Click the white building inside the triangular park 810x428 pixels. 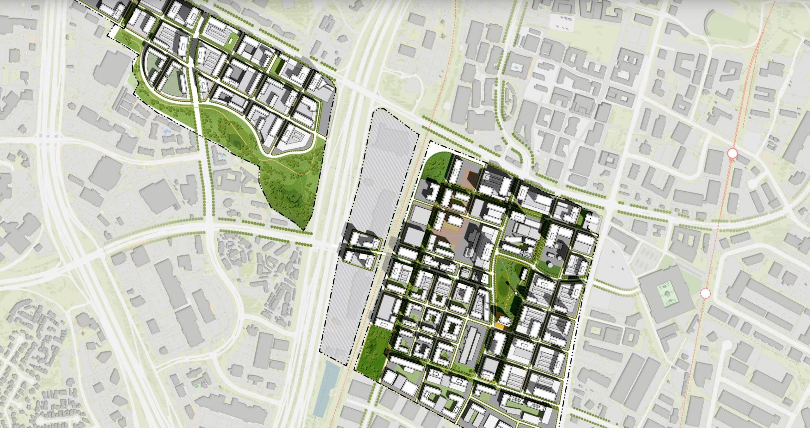click(x=524, y=274)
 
